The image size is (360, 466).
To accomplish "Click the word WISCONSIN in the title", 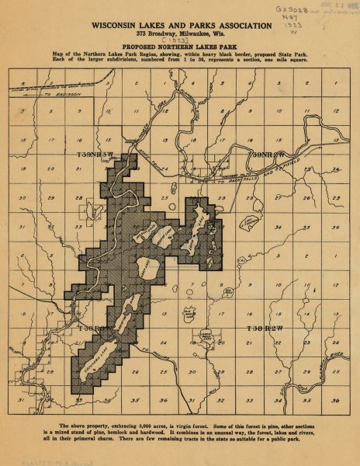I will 120,26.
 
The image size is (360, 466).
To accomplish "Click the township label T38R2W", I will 264,329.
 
